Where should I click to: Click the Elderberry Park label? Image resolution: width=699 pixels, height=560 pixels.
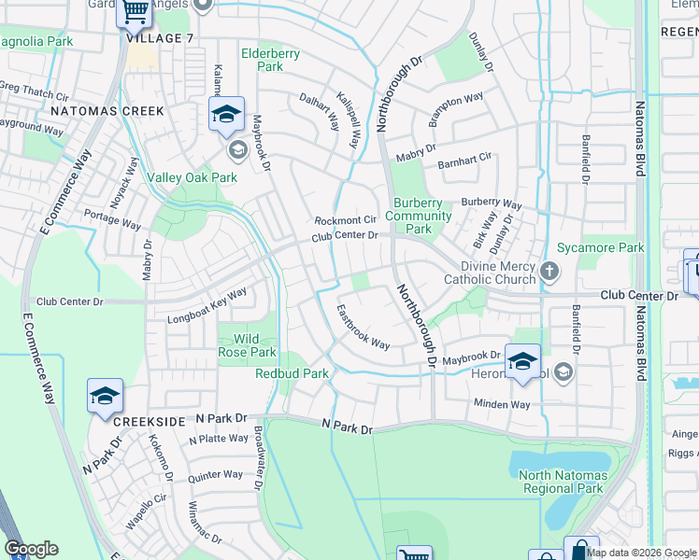point(270,60)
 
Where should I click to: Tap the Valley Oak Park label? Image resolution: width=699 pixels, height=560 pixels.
point(193,177)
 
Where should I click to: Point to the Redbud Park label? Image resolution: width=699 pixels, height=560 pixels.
point(292,373)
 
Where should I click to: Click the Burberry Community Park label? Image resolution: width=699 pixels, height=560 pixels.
point(418,216)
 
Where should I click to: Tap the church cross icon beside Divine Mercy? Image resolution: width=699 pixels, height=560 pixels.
point(549,273)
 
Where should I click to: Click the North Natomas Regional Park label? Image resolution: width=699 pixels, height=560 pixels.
point(562,482)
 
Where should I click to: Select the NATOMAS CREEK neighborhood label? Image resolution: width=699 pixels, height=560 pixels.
point(107,111)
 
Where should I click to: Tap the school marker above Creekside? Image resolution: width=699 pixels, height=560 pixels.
point(106,396)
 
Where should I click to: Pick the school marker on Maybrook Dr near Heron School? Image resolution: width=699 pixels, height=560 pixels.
point(522,361)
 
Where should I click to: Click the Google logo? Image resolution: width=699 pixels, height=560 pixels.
point(31,549)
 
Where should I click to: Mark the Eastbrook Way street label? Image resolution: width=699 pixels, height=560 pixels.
point(364,328)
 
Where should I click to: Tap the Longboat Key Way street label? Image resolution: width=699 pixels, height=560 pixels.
point(207,306)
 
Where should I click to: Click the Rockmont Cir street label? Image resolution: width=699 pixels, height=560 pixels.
point(345,220)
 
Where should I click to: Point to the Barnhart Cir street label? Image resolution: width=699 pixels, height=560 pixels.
point(465,162)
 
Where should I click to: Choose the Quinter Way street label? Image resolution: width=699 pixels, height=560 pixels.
point(215,475)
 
